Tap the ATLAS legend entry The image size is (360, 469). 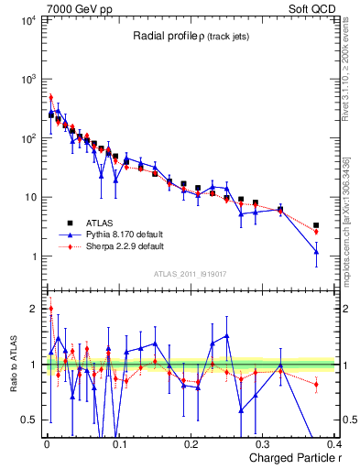pyautogui.click(x=98, y=223)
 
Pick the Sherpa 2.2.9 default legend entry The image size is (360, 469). pyautogui.click(x=118, y=246)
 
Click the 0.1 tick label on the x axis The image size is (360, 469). pyautogui.click(x=118, y=446)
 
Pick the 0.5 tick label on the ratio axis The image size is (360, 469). pyautogui.click(x=29, y=420)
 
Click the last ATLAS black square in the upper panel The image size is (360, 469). pyautogui.click(x=316, y=224)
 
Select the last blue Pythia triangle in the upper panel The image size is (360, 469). pyautogui.click(x=316, y=251)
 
